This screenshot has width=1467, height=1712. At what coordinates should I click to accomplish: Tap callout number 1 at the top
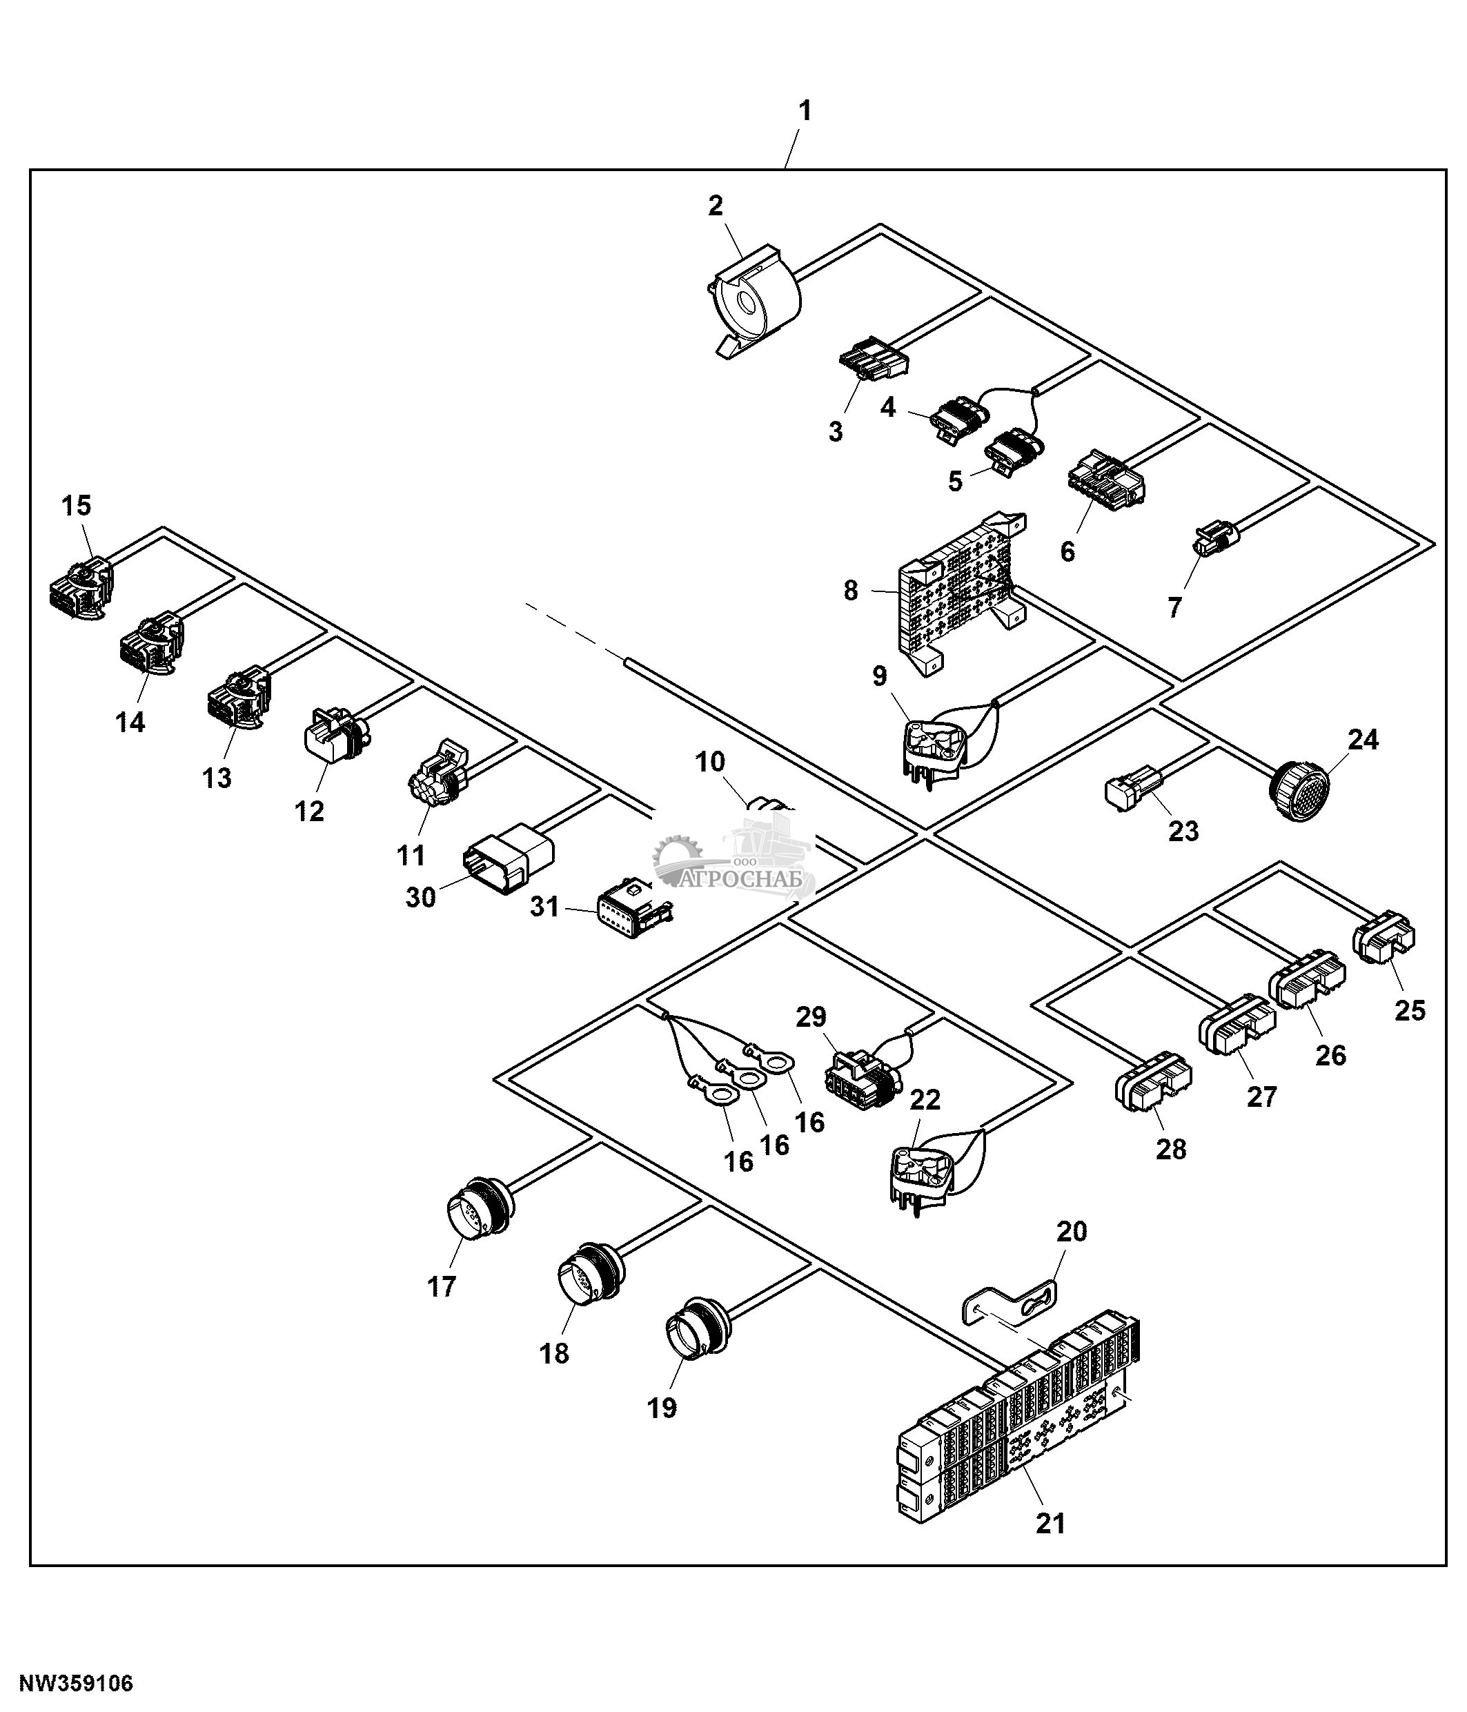point(804,110)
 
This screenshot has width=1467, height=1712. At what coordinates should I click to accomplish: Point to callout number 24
point(1363,738)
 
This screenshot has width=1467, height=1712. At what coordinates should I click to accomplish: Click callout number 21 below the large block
point(1051,1522)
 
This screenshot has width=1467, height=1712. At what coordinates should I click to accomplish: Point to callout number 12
point(309,811)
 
